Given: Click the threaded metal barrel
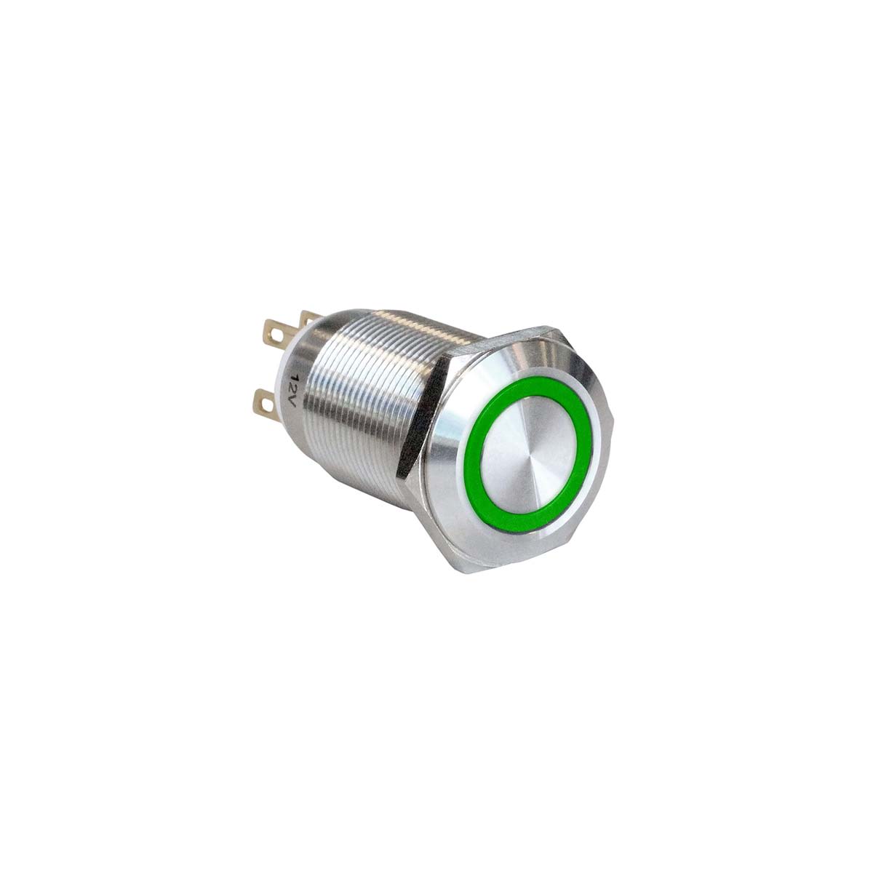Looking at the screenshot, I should click(364, 393).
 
